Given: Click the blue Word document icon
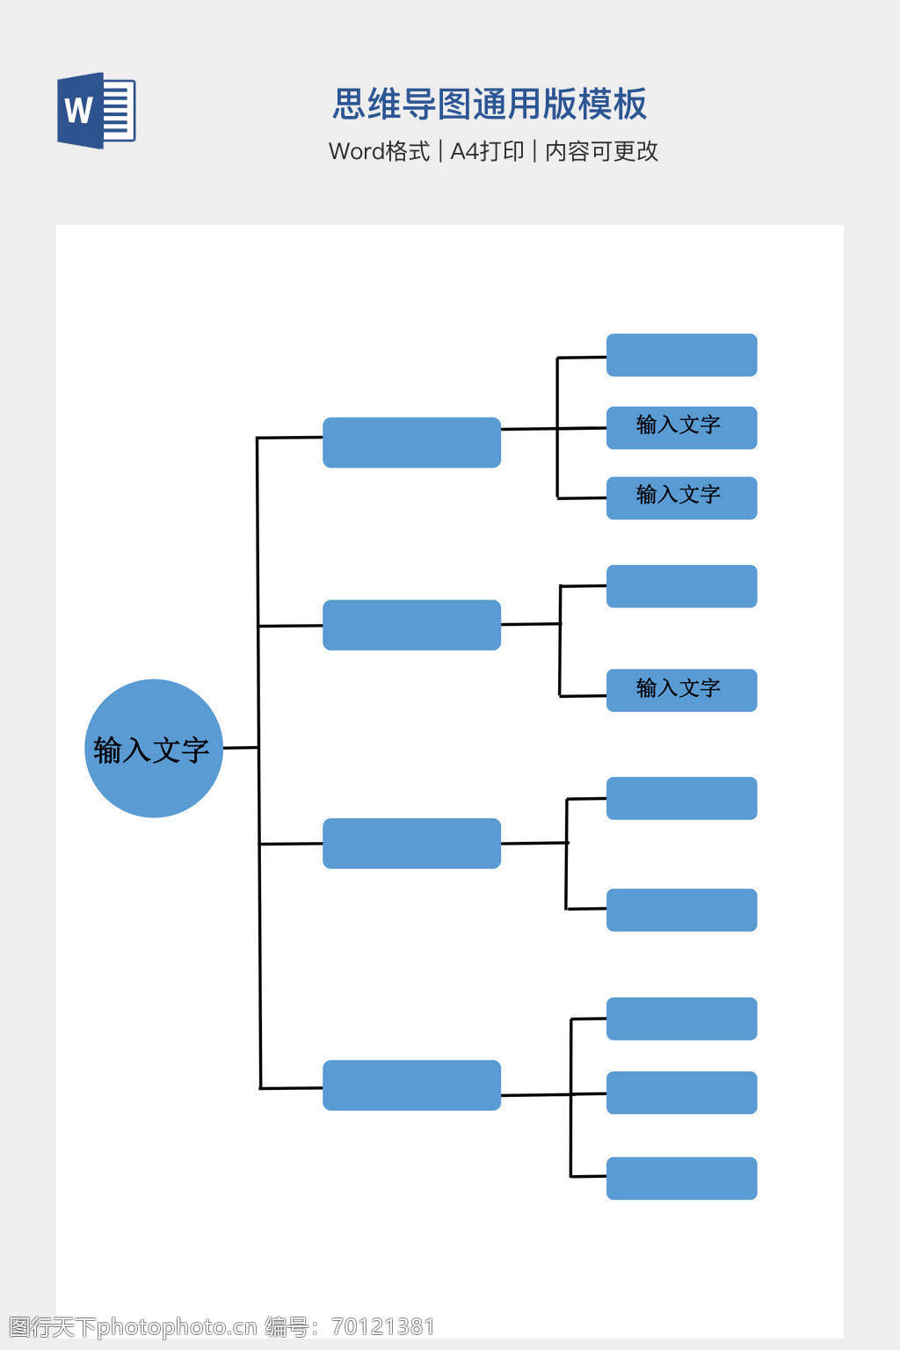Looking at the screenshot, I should (96, 111).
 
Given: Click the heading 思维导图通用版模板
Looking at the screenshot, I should (490, 104).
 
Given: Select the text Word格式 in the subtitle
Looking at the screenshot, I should (379, 151).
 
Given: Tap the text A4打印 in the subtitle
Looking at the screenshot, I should (487, 151).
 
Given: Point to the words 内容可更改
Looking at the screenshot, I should (601, 151).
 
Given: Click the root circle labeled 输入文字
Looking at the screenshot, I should (153, 748).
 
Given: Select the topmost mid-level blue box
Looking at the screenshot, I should (411, 442).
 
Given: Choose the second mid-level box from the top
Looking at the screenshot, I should (411, 625).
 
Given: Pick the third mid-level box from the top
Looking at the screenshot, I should (411, 843).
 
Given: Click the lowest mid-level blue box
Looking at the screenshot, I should (411, 1085).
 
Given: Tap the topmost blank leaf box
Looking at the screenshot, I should (681, 355).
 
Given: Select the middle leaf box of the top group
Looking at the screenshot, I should (681, 427).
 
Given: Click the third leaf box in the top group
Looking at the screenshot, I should (681, 497).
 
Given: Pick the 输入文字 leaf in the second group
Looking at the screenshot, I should (681, 690).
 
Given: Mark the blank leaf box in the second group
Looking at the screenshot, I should (681, 586).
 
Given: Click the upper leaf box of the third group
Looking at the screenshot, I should (681, 798).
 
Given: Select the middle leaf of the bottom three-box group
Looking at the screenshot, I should (681, 1092).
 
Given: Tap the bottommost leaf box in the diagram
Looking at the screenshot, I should (681, 1178).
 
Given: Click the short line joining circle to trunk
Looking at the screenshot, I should (240, 748).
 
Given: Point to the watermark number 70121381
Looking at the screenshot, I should (383, 1326).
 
